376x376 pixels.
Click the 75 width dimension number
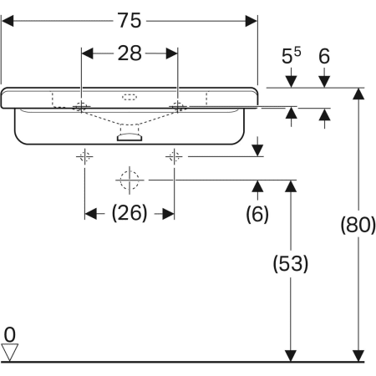(130, 19)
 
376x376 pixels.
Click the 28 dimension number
(130, 53)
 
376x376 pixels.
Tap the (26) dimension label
(130, 213)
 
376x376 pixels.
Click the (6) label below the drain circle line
(257, 214)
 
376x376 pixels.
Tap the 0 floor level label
(9, 335)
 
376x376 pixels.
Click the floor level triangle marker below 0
(9, 353)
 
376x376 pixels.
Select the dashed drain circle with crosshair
(129, 179)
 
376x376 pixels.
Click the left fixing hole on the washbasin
(82, 106)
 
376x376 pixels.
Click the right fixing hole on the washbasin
(178, 106)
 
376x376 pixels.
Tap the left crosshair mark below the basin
(84, 155)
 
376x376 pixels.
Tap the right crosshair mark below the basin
(174, 155)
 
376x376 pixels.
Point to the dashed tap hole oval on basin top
(130, 96)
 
